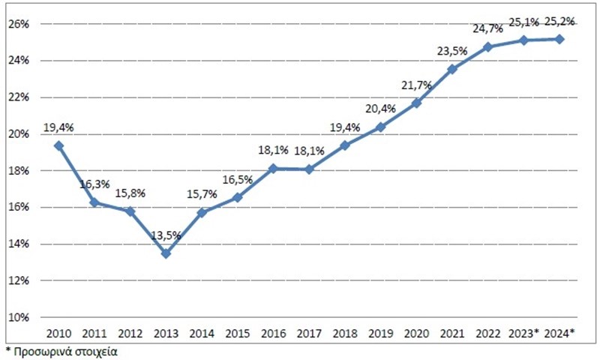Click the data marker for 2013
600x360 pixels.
click(x=166, y=253)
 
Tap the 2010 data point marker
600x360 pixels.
click(x=58, y=145)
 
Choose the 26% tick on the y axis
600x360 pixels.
click(x=18, y=24)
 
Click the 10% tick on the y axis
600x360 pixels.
click(x=18, y=317)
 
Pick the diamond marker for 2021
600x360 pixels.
click(x=452, y=69)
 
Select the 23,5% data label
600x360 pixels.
click(x=452, y=51)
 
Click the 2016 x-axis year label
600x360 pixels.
click(x=273, y=333)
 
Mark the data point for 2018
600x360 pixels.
click(x=344, y=145)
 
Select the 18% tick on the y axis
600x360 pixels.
click(x=18, y=171)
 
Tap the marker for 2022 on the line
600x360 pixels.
click(x=487, y=47)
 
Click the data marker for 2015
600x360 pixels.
click(x=237, y=198)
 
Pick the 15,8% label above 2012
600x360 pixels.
click(x=130, y=193)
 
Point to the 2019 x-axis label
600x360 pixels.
click(x=380, y=333)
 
